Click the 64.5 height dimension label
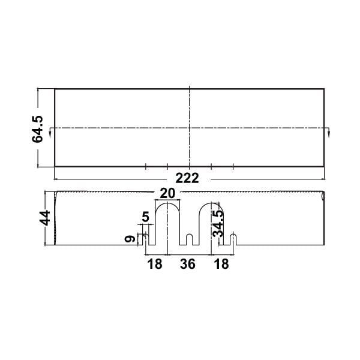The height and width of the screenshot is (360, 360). coord(37,129)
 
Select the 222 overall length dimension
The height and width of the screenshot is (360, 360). coord(187,178)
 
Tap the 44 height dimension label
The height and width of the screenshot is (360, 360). coord(45,218)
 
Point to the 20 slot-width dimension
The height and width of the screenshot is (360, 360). coord(167,193)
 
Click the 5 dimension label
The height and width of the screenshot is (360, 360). coord(146,217)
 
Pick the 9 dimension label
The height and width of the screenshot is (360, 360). coord(130,239)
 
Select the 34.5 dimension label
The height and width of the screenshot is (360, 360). coord(218,224)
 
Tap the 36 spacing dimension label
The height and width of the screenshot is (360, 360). coord(188,264)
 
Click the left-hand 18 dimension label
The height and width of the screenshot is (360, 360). coord(155,264)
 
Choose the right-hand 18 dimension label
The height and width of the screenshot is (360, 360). coord(221,264)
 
